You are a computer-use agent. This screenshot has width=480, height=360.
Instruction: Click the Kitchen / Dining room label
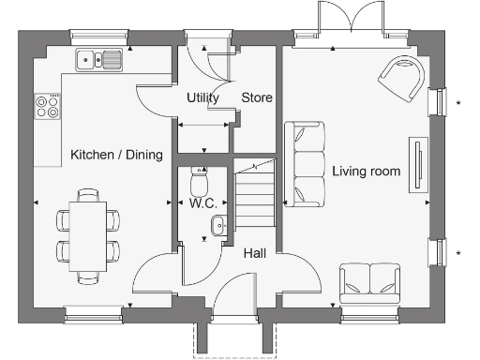pyautogui.click(x=116, y=155)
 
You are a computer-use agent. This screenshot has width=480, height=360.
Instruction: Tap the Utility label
pyautogui.click(x=202, y=97)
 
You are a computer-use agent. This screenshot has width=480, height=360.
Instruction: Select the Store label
pyautogui.click(x=257, y=97)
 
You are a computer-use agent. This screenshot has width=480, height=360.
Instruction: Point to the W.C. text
pyautogui.click(x=202, y=202)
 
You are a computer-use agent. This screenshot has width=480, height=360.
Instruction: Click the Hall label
pyautogui.click(x=255, y=253)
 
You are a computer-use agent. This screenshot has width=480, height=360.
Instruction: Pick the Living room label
pyautogui.click(x=366, y=172)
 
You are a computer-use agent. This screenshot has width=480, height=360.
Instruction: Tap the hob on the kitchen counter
pyautogui.click(x=45, y=106)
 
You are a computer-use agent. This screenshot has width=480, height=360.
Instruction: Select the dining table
pyautogui.click(x=88, y=236)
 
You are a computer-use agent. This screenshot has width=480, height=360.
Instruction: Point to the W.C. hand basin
pyautogui.click(x=218, y=224)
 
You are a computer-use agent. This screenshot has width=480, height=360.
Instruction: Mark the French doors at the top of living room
pyautogui.click(x=352, y=21)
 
